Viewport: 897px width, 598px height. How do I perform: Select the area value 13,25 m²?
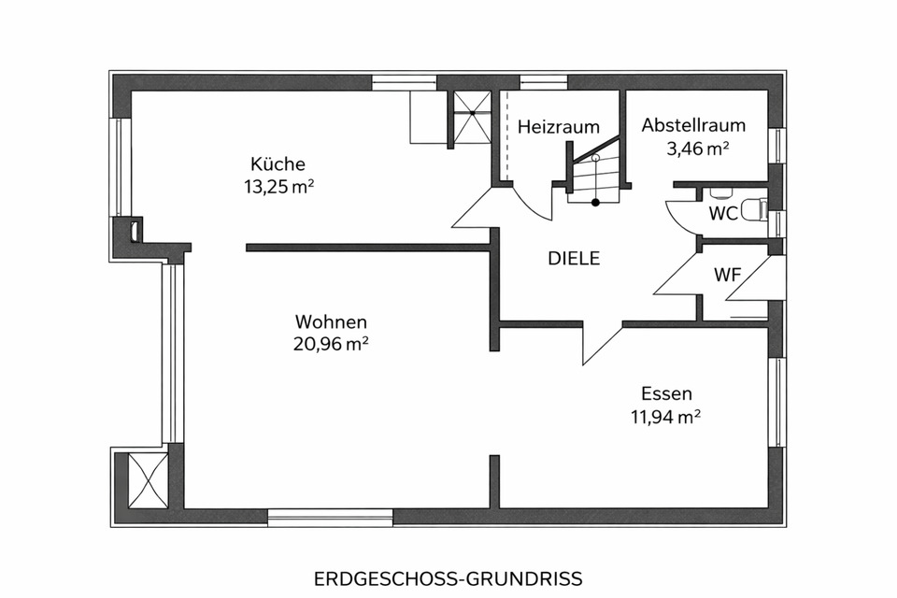click(278, 186)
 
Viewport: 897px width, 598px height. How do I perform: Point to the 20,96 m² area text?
click(330, 343)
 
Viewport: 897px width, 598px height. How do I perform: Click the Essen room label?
click(666, 393)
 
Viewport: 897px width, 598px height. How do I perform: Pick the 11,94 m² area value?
click(666, 416)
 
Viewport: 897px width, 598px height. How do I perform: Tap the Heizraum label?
click(559, 126)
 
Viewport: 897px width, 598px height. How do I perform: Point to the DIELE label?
click(574, 260)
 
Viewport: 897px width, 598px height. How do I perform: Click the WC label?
click(723, 213)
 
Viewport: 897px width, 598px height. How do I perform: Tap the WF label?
click(728, 276)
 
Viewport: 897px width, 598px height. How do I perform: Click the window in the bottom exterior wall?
click(330, 517)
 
